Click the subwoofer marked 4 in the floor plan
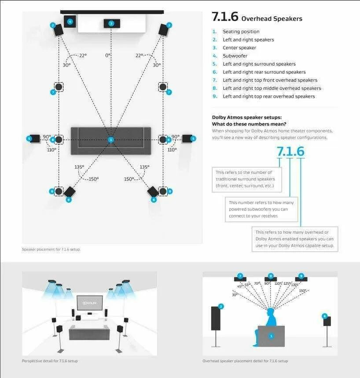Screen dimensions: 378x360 (70, 21)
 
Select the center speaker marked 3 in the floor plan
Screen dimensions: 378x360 (111, 23)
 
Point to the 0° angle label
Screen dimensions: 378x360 (108, 55)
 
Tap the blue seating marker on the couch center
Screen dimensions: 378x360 (111, 140)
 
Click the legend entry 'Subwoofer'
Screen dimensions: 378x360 (235, 56)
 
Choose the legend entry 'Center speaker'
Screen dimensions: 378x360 (239, 48)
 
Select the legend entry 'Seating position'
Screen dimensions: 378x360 (241, 32)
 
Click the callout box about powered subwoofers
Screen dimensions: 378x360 (261, 209)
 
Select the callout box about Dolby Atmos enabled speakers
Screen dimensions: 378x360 (294, 239)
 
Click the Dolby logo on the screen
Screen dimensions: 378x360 (90, 303)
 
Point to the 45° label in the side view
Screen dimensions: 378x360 (240, 286)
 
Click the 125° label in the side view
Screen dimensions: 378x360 (287, 284)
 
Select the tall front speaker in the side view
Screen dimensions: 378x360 (216, 318)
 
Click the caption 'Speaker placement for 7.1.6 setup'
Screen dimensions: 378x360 (51, 250)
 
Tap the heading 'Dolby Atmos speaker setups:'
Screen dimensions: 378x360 (247, 117)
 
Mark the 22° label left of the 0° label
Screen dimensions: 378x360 (82, 55)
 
